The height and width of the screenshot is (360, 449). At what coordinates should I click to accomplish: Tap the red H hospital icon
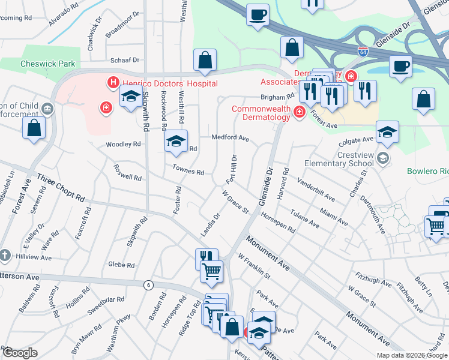pos(112,82)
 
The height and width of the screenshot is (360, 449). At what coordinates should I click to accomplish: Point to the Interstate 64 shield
pos(362,52)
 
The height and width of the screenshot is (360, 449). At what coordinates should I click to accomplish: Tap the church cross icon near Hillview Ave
pos(5,254)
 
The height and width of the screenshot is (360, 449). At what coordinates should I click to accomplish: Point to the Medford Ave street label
pos(230,137)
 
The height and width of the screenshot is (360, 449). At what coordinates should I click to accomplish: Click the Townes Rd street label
pos(188,171)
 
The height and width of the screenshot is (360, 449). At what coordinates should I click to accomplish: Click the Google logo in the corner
pos(20,353)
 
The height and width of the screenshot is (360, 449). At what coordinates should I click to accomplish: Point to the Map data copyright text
pos(412,355)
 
